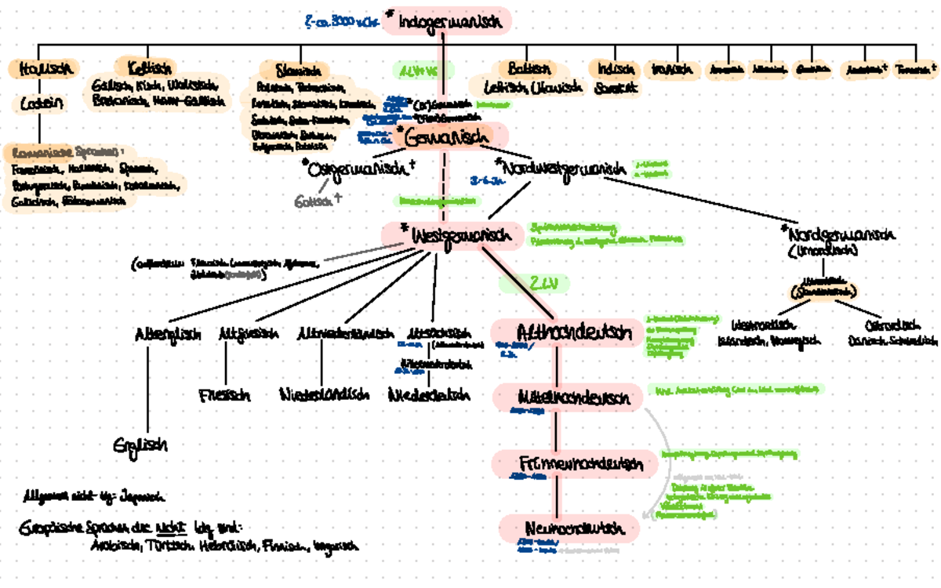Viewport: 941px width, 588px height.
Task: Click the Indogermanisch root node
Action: [447, 22]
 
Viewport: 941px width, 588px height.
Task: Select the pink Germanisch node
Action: [445, 136]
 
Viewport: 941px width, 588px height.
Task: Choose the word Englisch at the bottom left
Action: [140, 445]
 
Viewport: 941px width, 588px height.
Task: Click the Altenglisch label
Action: [162, 333]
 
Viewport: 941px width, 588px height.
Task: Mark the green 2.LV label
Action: [533, 283]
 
